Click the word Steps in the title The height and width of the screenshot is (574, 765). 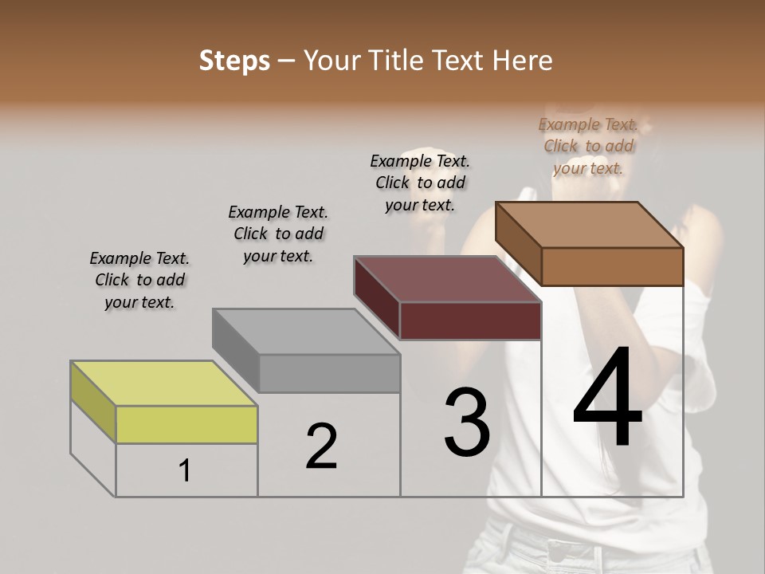coord(233,61)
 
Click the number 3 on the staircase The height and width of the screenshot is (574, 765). coord(467,423)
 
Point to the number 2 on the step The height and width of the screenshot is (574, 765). coord(321,446)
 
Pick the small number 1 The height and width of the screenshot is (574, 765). coord(185,471)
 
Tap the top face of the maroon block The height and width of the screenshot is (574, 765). coord(448,279)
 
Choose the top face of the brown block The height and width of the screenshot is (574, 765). coord(590,225)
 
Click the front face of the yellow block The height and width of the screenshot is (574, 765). coord(186,424)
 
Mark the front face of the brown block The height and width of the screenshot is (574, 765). coord(612,266)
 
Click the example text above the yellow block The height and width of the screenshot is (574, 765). coord(139,280)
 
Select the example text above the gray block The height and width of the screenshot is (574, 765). coord(278,234)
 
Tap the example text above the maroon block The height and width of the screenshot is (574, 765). coord(420,183)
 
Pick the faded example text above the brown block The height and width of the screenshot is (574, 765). coord(588,146)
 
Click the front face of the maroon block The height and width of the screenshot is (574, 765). coord(470,320)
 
